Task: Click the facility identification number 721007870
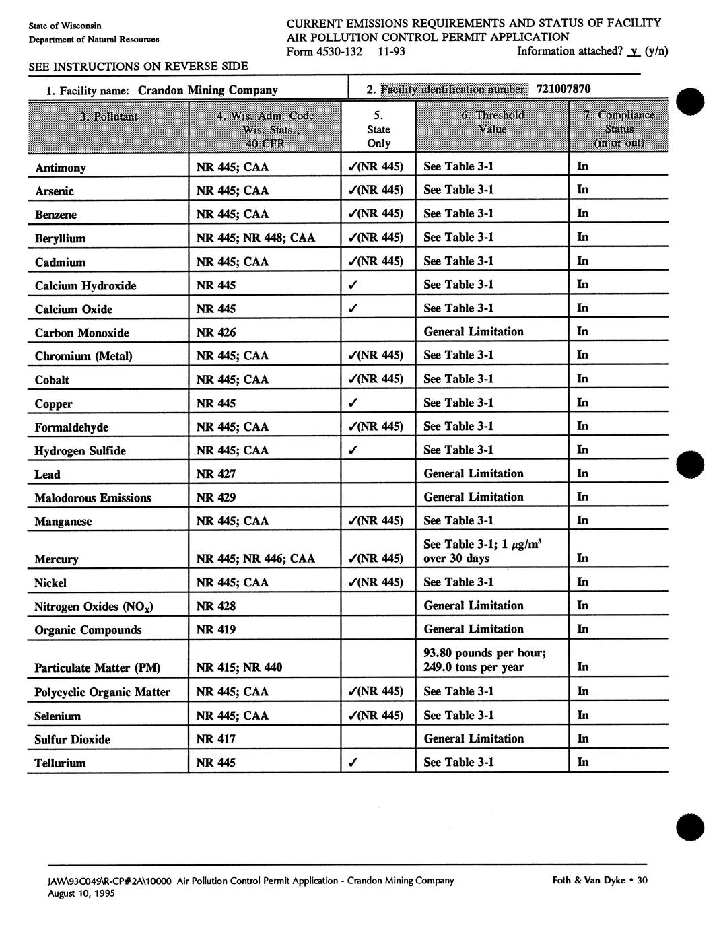pos(563,89)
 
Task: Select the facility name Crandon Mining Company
pos(207,90)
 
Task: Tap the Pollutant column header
pos(108,116)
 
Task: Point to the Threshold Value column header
pos(492,122)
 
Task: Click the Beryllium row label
pos(60,238)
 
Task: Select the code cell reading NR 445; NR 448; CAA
pos(255,238)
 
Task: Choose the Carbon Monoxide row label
pos(81,333)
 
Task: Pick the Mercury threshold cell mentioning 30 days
pos(483,551)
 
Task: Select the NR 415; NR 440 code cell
pos(238,667)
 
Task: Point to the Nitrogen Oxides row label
pos(94,607)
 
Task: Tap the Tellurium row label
pos(60,763)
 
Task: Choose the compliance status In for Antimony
pos(582,166)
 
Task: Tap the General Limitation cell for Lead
pos(473,473)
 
